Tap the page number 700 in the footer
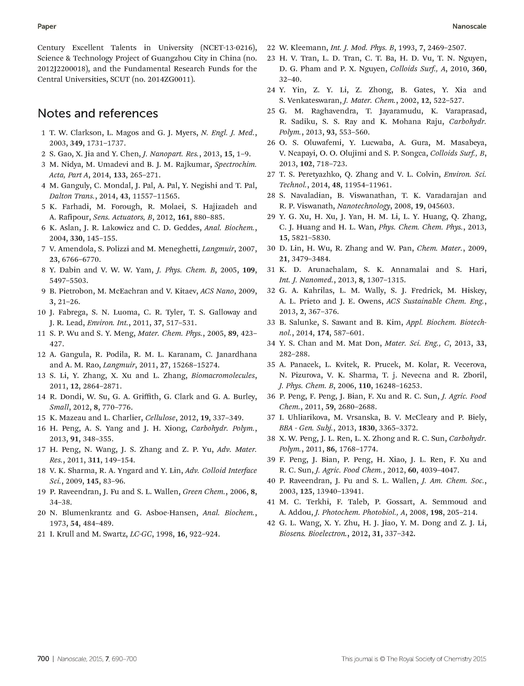click(43, 659)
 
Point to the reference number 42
click(271, 523)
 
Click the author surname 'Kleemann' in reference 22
click(309, 48)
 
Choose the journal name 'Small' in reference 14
click(59, 407)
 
